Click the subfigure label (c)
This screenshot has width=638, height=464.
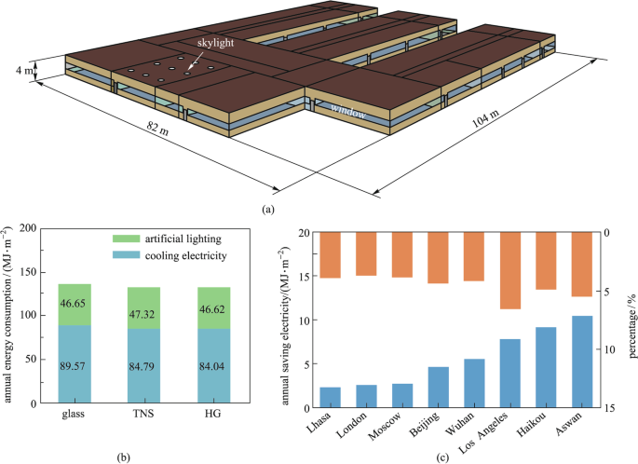point(444,457)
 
